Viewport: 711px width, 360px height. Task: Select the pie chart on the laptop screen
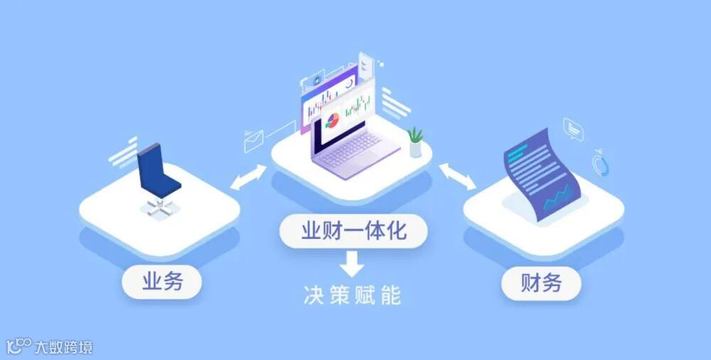(332, 120)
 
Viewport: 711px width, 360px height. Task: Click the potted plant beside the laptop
(415, 142)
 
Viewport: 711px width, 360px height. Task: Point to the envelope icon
(254, 142)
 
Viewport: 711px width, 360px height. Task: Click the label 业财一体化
(353, 231)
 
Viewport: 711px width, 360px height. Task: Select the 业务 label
(162, 282)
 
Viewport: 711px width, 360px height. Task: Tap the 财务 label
(541, 282)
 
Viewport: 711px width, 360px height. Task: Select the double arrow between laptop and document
(458, 176)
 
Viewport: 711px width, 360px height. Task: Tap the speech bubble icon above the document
(573, 129)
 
